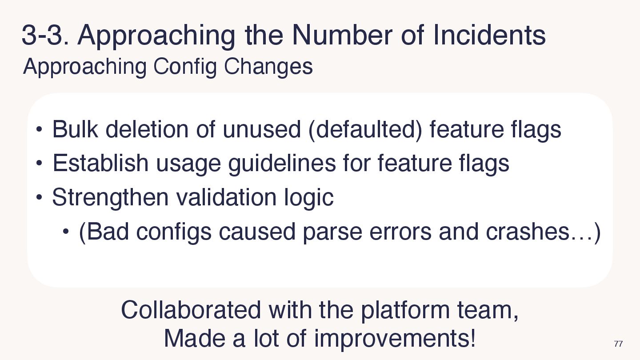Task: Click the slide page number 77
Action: (618, 344)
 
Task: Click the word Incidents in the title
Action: (489, 35)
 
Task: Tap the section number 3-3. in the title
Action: (45, 35)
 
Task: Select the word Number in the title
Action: (342, 35)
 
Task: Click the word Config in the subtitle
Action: (185, 67)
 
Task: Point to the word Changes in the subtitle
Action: (268, 67)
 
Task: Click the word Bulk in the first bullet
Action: (75, 129)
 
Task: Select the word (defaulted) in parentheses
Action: (365, 130)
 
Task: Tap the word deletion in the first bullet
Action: (147, 129)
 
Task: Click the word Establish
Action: (100, 163)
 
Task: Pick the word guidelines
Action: (282, 164)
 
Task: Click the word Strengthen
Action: (110, 198)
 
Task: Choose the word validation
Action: (226, 197)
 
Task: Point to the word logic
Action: (308, 198)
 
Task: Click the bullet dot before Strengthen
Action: (39, 197)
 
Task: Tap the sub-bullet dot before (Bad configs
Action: (66, 231)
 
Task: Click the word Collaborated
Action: (191, 310)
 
